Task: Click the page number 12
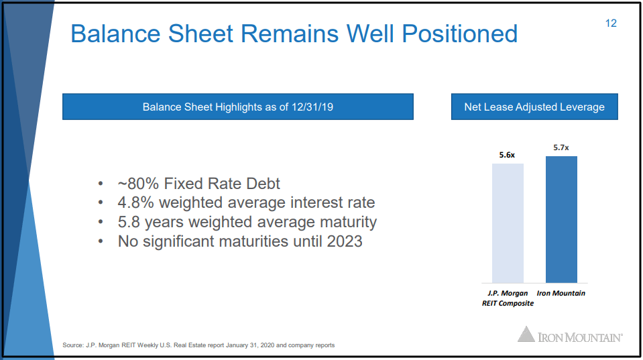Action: point(611,23)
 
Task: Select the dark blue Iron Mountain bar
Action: point(561,219)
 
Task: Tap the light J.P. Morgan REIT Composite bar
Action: point(508,223)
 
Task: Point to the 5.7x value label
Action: point(561,147)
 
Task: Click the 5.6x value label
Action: point(507,155)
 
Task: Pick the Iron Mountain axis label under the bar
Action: point(561,293)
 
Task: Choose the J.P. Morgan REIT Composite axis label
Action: point(508,298)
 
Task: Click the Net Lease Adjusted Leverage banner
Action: point(534,107)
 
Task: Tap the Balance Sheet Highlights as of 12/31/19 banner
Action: point(238,107)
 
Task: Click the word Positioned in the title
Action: point(460,34)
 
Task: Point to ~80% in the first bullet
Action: point(138,184)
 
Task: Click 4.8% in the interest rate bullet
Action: point(135,202)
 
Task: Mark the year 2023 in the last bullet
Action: point(345,241)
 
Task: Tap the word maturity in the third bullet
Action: point(348,222)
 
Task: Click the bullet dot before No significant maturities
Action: point(101,241)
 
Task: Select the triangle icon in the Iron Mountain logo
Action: point(526,334)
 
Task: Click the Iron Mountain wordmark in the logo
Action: point(580,337)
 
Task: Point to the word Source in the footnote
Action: point(73,345)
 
